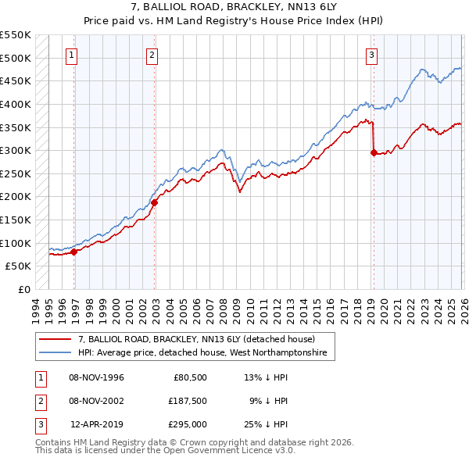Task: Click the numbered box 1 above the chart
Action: click(71, 55)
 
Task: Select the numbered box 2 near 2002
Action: click(151, 55)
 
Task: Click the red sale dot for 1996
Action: click(74, 252)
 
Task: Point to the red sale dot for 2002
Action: click(155, 202)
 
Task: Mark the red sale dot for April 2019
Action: click(374, 153)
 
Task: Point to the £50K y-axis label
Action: click(19, 266)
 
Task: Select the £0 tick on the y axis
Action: click(25, 289)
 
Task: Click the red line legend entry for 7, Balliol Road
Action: click(196, 340)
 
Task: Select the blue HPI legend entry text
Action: click(206, 354)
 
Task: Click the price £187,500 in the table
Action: click(187, 401)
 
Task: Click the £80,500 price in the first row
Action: click(189, 377)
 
